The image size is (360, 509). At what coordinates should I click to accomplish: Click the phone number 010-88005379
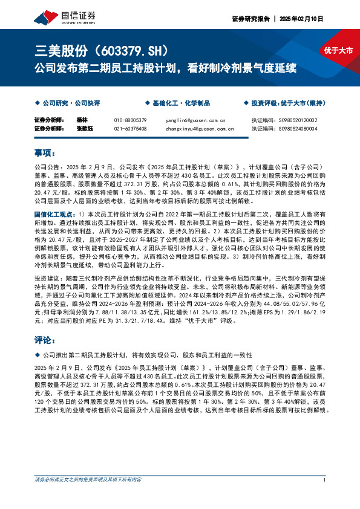[130, 120]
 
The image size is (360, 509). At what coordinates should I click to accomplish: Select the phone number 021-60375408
[130, 128]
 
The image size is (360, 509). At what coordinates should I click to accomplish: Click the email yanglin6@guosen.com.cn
[195, 120]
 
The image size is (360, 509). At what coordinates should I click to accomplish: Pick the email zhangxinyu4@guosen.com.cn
[199, 128]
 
